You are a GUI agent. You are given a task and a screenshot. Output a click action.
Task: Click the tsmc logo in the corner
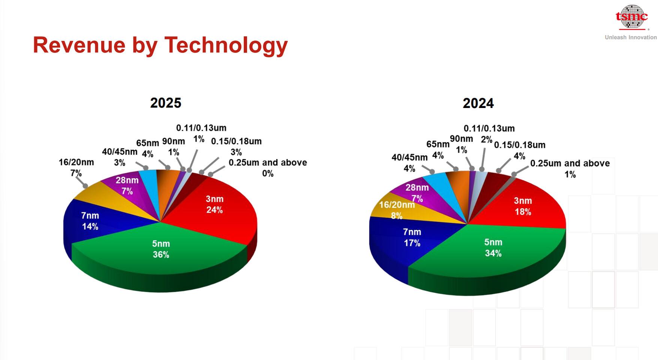[632, 17]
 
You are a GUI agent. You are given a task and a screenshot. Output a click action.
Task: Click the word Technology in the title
[226, 45]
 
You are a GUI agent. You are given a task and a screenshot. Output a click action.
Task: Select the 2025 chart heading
[165, 103]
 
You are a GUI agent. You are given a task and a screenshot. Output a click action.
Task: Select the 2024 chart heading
[478, 103]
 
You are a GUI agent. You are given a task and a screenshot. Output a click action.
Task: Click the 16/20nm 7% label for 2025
[76, 167]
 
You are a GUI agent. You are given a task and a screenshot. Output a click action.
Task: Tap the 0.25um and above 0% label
[268, 168]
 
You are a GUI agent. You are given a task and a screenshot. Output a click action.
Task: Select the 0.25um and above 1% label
[570, 168]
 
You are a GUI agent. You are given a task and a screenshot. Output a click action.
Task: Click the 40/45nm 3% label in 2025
[120, 157]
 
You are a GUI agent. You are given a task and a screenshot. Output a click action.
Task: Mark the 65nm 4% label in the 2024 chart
[438, 149]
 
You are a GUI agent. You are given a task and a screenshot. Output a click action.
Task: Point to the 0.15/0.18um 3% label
[236, 146]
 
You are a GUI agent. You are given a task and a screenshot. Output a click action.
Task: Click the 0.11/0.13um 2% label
[489, 133]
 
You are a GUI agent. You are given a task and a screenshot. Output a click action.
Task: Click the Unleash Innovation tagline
[631, 37]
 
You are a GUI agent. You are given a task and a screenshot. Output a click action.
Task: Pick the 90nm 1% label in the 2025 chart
[173, 147]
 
